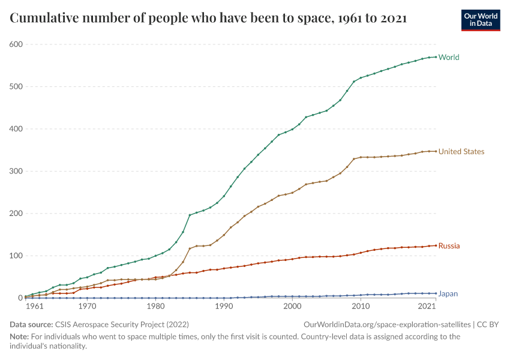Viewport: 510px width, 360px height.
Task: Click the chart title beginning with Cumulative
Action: [208, 19]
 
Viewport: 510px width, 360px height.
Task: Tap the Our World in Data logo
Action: [480, 19]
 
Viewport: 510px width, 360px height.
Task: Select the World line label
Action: [449, 58]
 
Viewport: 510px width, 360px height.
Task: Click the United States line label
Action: [461, 152]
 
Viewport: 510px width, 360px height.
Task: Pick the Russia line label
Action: [449, 246]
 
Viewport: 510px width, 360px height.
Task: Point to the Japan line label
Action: [448, 294]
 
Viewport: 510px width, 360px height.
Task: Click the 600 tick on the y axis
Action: [16, 44]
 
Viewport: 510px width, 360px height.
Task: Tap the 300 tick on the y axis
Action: [16, 171]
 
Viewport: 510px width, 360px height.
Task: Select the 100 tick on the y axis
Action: [16, 256]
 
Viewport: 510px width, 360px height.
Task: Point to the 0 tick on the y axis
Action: [20, 298]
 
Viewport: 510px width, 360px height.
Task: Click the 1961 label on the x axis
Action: [35, 307]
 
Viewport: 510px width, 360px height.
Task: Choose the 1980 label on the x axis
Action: [156, 307]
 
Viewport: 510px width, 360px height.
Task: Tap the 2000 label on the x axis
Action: [292, 307]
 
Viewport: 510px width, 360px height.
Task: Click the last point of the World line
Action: [436, 57]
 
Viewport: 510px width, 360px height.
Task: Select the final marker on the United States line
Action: [436, 151]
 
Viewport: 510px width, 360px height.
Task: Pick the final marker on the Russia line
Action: [436, 245]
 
